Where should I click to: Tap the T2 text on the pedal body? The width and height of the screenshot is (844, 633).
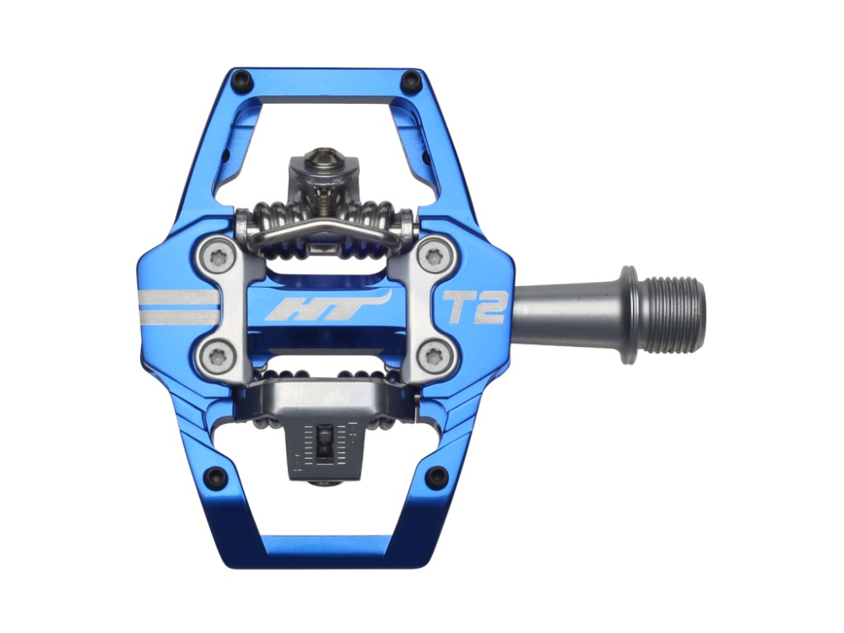click(x=474, y=308)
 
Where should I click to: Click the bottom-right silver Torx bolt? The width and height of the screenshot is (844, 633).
click(x=432, y=354)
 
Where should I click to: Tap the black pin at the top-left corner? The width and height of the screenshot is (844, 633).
click(x=242, y=82)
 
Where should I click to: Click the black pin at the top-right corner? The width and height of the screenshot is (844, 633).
click(x=411, y=82)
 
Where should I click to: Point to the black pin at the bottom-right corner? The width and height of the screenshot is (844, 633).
click(x=436, y=477)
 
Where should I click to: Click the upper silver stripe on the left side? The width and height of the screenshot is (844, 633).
click(x=179, y=298)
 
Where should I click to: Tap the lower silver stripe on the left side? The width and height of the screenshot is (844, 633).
click(x=179, y=317)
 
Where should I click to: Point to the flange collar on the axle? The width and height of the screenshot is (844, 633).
click(x=629, y=314)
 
